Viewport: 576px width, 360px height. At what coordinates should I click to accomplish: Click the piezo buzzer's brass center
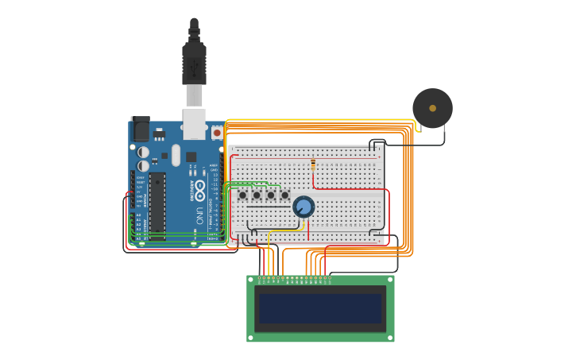(432, 108)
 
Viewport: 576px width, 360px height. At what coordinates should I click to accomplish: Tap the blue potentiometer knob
(303, 207)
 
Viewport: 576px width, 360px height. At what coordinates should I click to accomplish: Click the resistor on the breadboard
(313, 165)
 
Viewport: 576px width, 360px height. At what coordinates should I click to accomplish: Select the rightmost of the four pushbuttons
(284, 195)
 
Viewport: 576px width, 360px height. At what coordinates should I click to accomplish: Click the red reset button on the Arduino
(217, 134)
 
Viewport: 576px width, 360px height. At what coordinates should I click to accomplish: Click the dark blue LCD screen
(320, 308)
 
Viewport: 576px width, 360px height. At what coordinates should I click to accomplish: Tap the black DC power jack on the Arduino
(140, 130)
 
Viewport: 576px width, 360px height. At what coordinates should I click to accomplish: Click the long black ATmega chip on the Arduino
(157, 206)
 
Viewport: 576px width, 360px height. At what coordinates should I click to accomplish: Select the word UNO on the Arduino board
(199, 215)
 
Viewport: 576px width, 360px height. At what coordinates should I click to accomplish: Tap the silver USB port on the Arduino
(194, 124)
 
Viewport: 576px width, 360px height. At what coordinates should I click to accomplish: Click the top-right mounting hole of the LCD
(390, 280)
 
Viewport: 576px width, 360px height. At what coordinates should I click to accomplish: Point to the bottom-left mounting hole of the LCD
(251, 338)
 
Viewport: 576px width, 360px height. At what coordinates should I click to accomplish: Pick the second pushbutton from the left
(257, 195)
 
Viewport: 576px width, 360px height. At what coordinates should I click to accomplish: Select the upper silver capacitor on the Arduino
(143, 151)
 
